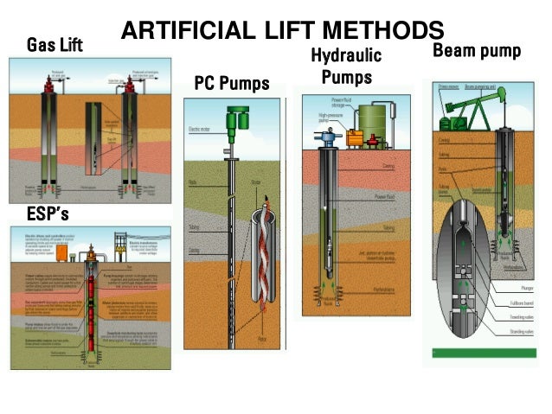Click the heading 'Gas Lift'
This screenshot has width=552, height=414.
55,44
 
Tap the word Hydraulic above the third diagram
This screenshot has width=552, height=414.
346,58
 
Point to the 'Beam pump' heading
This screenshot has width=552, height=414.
477,51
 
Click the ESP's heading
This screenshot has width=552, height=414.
36,213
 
